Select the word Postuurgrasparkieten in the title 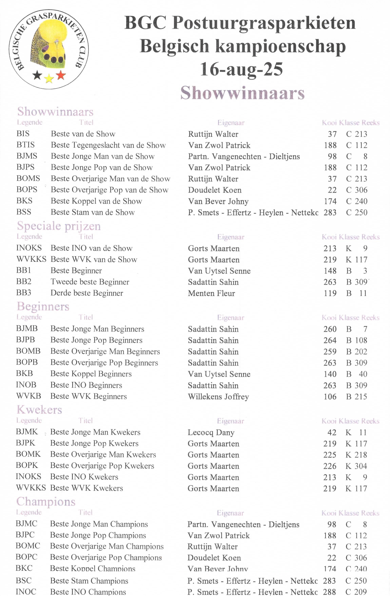click(x=264, y=23)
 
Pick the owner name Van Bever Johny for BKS click(x=218, y=201)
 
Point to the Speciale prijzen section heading click(x=59, y=226)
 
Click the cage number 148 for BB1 click(x=330, y=271)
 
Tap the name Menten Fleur click(x=211, y=293)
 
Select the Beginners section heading click(x=43, y=306)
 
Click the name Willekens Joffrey click(x=218, y=397)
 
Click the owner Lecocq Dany click(x=211, y=432)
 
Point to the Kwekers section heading click(x=39, y=410)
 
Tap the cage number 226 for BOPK click(x=330, y=466)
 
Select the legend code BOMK click(x=28, y=454)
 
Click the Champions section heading click(x=46, y=502)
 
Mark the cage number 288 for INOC click(x=329, y=592)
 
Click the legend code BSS click(x=24, y=212)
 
